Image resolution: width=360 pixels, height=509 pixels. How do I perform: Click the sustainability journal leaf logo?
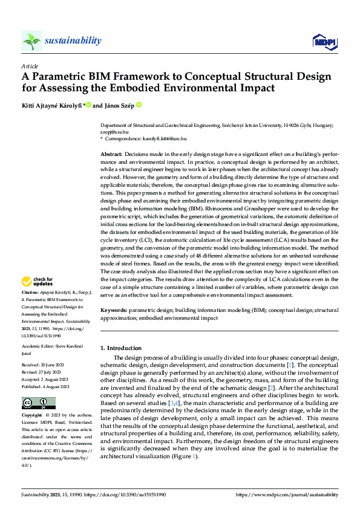coord(31,41)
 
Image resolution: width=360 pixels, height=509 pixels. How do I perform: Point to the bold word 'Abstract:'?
coord(111,155)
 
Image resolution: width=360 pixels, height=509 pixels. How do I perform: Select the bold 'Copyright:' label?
coord(33,417)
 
